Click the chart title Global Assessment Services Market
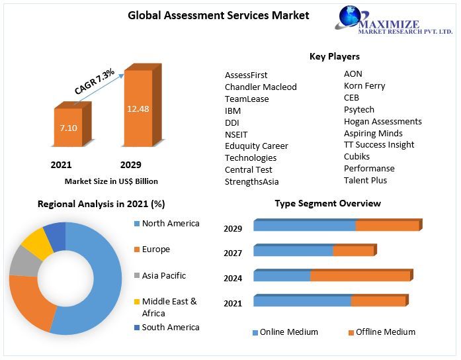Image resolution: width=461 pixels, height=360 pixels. point(218,15)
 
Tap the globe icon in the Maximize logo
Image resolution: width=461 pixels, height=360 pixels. point(348,19)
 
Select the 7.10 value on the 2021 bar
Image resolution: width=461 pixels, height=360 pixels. point(69,127)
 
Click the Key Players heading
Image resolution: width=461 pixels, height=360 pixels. point(334,56)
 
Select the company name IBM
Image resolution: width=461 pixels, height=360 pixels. point(233,111)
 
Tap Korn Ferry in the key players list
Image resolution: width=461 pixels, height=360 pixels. point(364,85)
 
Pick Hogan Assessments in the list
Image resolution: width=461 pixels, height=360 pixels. point(382,121)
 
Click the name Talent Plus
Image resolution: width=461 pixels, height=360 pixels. point(365,180)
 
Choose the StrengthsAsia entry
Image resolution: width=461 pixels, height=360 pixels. point(251,181)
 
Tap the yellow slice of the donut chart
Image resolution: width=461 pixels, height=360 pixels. point(38,243)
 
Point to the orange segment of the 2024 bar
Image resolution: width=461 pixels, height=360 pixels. point(360,276)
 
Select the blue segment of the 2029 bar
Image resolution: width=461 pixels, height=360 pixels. point(304,226)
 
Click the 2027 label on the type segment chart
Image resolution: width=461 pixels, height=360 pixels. point(233,253)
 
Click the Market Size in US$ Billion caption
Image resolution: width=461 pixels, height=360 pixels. point(111,181)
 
